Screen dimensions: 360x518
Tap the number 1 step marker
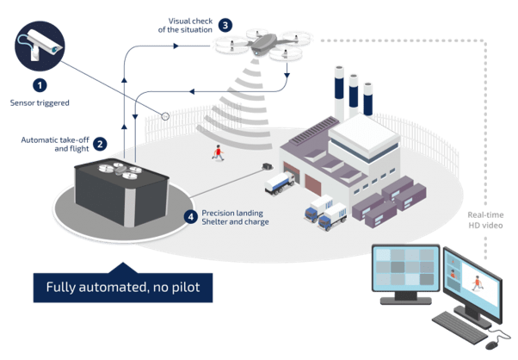pos(39,84)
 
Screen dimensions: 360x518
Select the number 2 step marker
pos(101,143)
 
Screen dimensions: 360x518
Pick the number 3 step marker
pos(225,25)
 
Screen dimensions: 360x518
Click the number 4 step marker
pos(190,215)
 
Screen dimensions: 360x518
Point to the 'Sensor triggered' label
pos(39,102)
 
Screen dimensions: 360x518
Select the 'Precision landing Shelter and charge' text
pos(235,216)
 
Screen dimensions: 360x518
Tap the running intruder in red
pos(220,152)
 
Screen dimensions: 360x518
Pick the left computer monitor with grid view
pos(406,273)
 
